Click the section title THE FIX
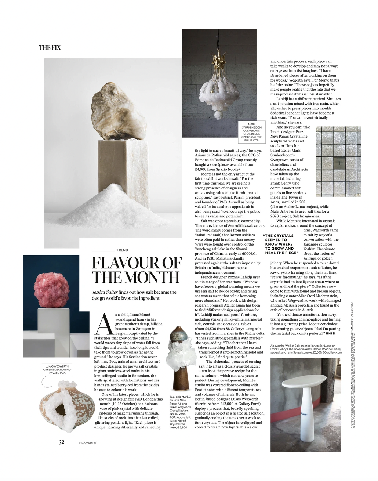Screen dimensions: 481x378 (x=50, y=47)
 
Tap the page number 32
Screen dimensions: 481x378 (x=61, y=442)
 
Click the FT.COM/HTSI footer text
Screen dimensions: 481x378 (x=87, y=442)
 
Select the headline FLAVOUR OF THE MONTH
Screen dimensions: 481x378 (x=136, y=270)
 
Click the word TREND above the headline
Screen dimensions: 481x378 (x=122, y=250)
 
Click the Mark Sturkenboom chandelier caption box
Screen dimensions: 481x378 (x=252, y=132)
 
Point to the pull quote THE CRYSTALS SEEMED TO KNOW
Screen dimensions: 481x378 (x=280, y=244)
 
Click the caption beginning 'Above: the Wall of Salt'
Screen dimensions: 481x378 (x=306, y=349)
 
